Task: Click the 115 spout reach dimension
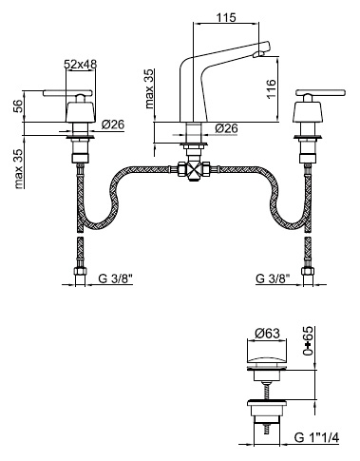click(x=226, y=17)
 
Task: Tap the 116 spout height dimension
click(x=271, y=88)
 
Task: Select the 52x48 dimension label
click(x=80, y=64)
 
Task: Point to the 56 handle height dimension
click(x=19, y=106)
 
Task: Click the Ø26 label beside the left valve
click(x=113, y=125)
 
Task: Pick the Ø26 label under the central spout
click(x=226, y=128)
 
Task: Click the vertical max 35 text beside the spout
click(x=149, y=89)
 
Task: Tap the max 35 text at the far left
click(x=19, y=169)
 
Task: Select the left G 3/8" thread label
click(x=115, y=279)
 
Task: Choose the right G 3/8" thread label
click(x=273, y=279)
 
